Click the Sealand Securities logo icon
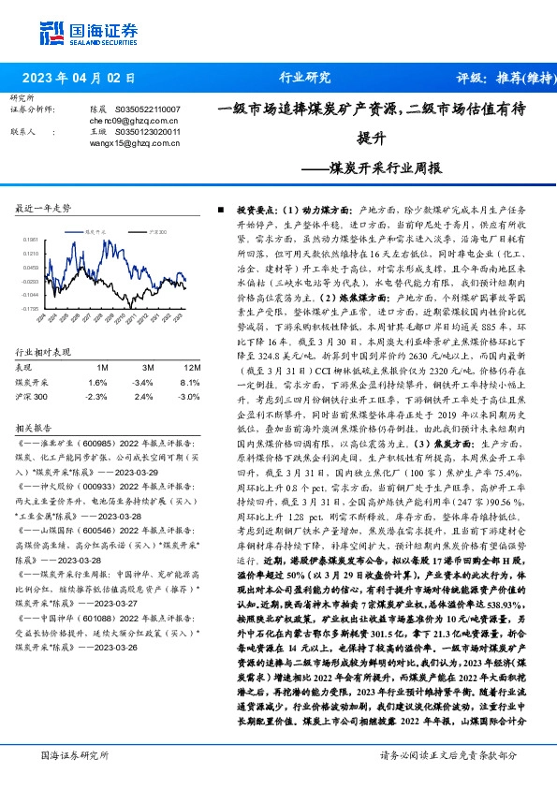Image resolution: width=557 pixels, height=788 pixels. tap(51, 31)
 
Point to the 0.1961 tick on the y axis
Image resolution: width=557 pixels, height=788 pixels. tap(30, 240)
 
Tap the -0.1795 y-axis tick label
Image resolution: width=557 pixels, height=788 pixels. tap(30, 308)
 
